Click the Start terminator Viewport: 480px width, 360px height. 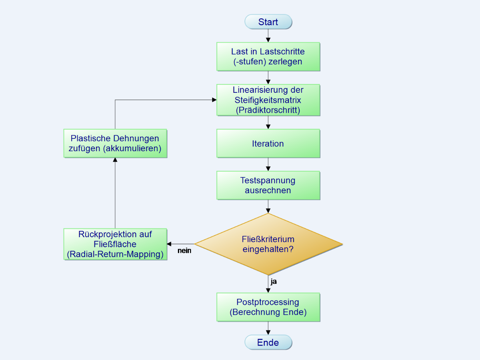point(268,22)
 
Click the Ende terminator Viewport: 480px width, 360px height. point(268,343)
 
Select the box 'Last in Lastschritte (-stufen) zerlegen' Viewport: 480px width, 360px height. point(268,57)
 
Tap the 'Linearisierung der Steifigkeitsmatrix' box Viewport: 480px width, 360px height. point(268,100)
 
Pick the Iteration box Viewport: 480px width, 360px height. point(268,144)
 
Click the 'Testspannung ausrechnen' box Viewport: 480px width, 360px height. point(268,185)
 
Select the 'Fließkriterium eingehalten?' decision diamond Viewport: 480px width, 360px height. point(268,244)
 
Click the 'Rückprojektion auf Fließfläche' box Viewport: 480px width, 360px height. point(115,244)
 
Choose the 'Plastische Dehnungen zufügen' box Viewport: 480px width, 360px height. point(115,143)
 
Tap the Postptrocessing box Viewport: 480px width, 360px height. point(268,307)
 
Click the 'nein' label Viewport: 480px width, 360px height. point(184,251)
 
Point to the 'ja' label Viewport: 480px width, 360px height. point(274,282)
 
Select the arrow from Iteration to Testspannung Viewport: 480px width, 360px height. point(268,164)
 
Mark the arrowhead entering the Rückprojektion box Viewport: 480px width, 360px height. point(169,244)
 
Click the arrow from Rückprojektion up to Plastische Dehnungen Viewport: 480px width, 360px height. point(115,192)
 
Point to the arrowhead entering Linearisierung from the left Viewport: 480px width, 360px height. point(214,100)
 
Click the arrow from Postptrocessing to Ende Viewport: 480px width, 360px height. point(268,328)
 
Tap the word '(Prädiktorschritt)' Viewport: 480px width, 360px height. point(268,110)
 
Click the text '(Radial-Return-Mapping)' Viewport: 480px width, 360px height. point(115,254)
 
